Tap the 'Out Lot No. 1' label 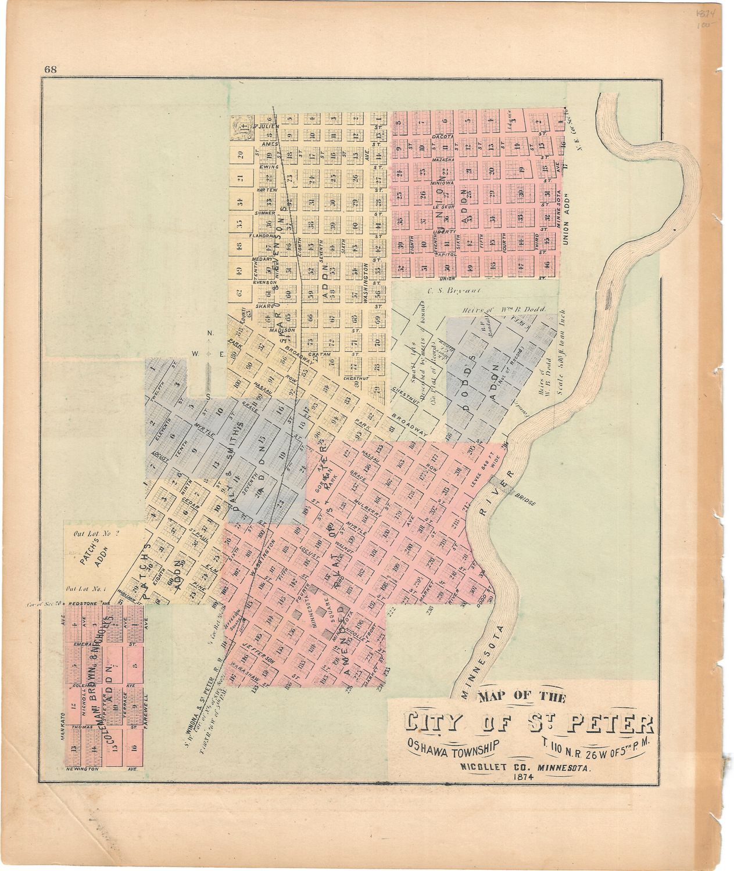(88, 588)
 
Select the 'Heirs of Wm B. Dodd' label (502, 310)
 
